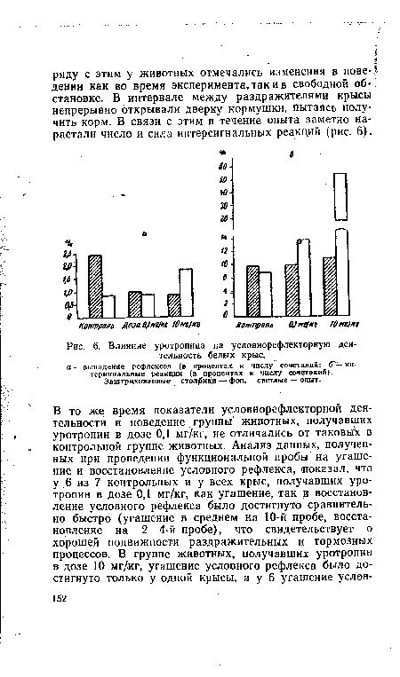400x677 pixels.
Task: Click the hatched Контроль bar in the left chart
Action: [x=94, y=285]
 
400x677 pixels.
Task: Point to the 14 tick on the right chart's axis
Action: [x=225, y=239]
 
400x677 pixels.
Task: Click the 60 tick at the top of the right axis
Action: [x=225, y=166]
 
